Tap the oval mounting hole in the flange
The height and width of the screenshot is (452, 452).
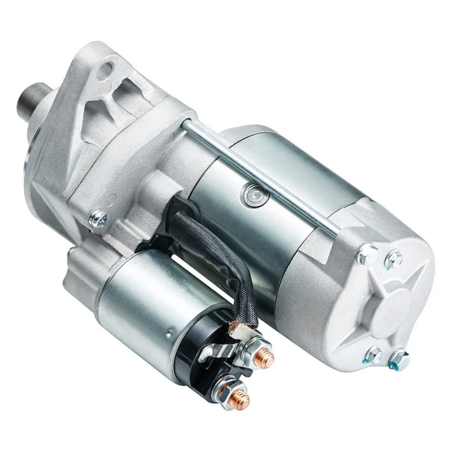[107, 69]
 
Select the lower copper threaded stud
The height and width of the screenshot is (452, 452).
[241, 400]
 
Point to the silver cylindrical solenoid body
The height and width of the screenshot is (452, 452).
[137, 309]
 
